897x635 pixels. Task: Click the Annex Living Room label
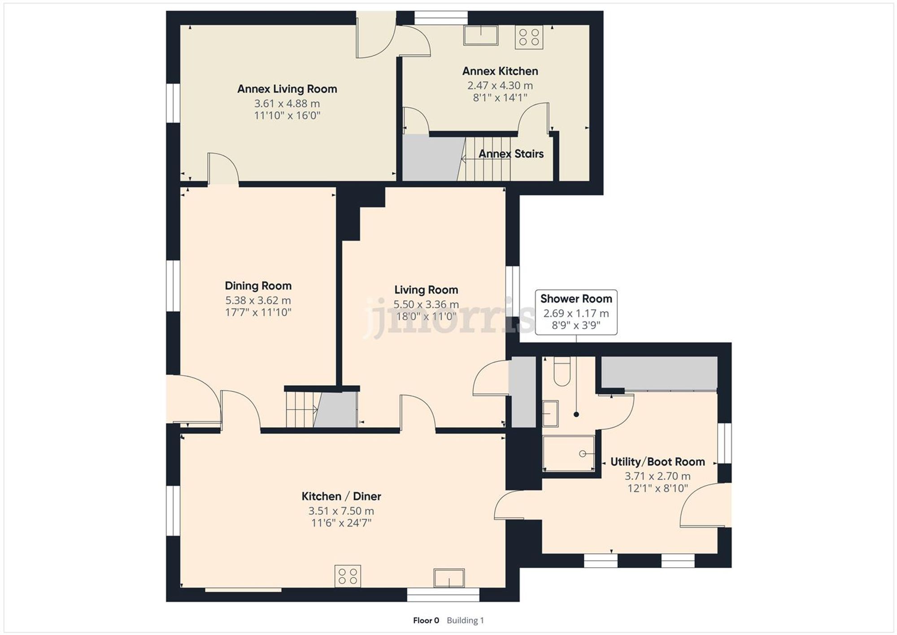pos(287,89)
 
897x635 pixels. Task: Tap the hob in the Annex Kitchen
pos(529,37)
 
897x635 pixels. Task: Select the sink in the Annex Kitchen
pos(480,35)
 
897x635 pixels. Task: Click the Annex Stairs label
pos(511,154)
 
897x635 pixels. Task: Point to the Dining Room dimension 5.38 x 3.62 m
pos(258,300)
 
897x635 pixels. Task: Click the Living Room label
pos(426,290)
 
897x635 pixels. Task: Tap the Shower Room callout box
pos(576,312)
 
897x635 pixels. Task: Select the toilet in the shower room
pos(562,372)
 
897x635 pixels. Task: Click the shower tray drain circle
pos(582,454)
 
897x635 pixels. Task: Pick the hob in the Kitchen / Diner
pos(348,576)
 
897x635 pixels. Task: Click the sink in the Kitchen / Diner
pos(448,578)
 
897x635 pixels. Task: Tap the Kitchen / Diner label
pos(341,496)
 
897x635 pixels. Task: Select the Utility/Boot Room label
pos(658,462)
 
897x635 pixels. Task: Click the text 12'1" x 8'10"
pos(658,488)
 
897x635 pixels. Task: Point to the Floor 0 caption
pos(426,621)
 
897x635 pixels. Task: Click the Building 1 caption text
pos(465,621)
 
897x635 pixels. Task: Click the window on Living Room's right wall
pos(513,288)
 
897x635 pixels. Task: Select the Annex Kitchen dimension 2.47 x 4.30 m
pos(500,85)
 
